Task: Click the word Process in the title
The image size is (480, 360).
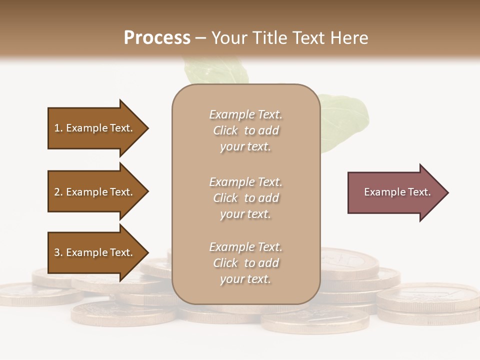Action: (157, 38)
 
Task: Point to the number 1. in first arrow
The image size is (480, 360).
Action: (58, 128)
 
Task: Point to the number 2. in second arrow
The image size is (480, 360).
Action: (58, 192)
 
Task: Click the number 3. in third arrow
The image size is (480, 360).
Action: (58, 252)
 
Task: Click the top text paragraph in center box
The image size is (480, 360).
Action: (245, 130)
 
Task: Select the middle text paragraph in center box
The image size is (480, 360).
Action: (245, 198)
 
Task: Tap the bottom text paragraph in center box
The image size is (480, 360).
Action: (245, 263)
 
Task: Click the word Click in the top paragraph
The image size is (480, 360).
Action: (225, 130)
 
